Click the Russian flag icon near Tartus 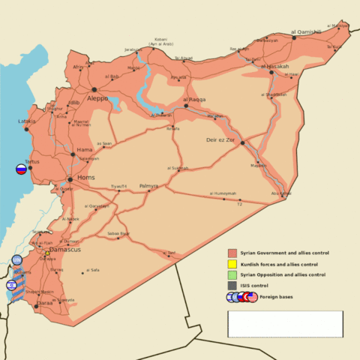tap(21, 169)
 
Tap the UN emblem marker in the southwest tap(16, 259)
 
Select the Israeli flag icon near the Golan tap(10, 285)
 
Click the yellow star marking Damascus tap(46, 253)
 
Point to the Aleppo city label tap(97, 98)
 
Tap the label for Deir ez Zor tap(220, 140)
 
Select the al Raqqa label tap(195, 99)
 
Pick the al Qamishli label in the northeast tap(306, 32)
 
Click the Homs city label tap(86, 178)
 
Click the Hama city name tap(85, 150)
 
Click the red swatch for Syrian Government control tap(232, 253)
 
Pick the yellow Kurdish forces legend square tap(232, 264)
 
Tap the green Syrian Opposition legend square tap(232, 275)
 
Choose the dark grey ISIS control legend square tap(232, 286)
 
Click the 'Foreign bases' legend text tap(277, 297)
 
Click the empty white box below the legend tap(285, 324)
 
